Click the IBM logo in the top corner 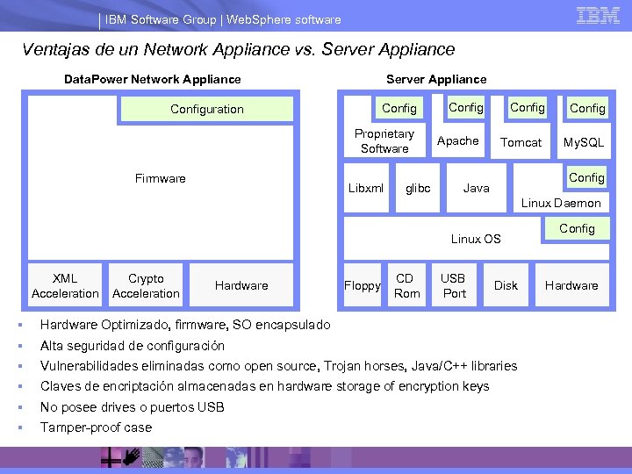pyautogui.click(x=598, y=16)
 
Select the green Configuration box pyautogui.click(x=207, y=109)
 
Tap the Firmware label pyautogui.click(x=161, y=179)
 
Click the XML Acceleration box pyautogui.click(x=65, y=285)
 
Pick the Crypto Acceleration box pyautogui.click(x=146, y=285)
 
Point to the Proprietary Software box pyautogui.click(x=384, y=141)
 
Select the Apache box pyautogui.click(x=458, y=141)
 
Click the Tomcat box pyautogui.click(x=521, y=142)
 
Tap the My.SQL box pyautogui.click(x=584, y=142)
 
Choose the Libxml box pyautogui.click(x=366, y=188)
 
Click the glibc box pyautogui.click(x=418, y=188)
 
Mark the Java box pyautogui.click(x=477, y=188)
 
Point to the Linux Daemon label pyautogui.click(x=562, y=203)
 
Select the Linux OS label pyautogui.click(x=476, y=239)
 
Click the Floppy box pyautogui.click(x=363, y=285)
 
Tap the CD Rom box pyautogui.click(x=407, y=285)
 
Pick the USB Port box pyautogui.click(x=454, y=285)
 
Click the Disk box pyautogui.click(x=506, y=285)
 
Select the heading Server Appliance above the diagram pyautogui.click(x=436, y=79)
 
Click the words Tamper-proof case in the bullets pyautogui.click(x=96, y=427)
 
